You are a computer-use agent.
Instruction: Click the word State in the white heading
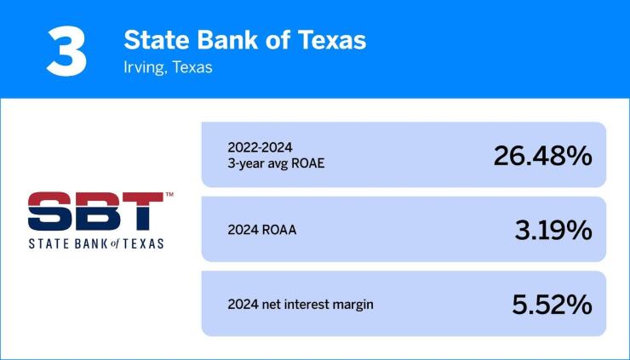tap(153, 39)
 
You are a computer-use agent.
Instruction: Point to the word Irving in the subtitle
tap(142, 67)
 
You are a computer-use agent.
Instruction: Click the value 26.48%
tap(542, 156)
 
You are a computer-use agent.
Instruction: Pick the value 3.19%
tap(553, 230)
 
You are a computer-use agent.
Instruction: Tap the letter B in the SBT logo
tap(95, 211)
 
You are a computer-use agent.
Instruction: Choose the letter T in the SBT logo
tap(140, 211)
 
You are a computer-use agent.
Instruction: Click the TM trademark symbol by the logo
tap(169, 196)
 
